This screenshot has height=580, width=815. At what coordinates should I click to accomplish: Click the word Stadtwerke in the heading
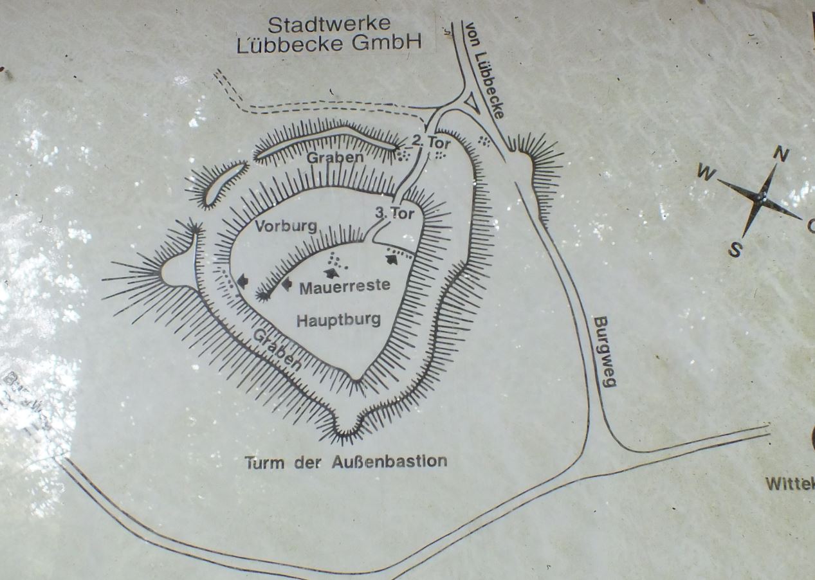click(x=329, y=25)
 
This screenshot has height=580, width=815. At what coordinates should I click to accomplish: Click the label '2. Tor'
click(x=431, y=143)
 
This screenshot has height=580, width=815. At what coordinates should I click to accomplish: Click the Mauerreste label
click(x=344, y=285)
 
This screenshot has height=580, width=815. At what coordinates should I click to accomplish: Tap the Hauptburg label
click(x=338, y=319)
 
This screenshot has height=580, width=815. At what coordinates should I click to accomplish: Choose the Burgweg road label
click(x=604, y=351)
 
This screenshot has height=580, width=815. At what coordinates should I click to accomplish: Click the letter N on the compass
click(x=780, y=154)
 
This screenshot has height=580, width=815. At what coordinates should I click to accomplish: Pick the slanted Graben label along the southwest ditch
click(x=277, y=348)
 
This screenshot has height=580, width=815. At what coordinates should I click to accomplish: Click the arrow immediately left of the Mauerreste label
click(x=286, y=284)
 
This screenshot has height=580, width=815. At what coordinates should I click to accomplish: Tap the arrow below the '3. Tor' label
click(x=390, y=259)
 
